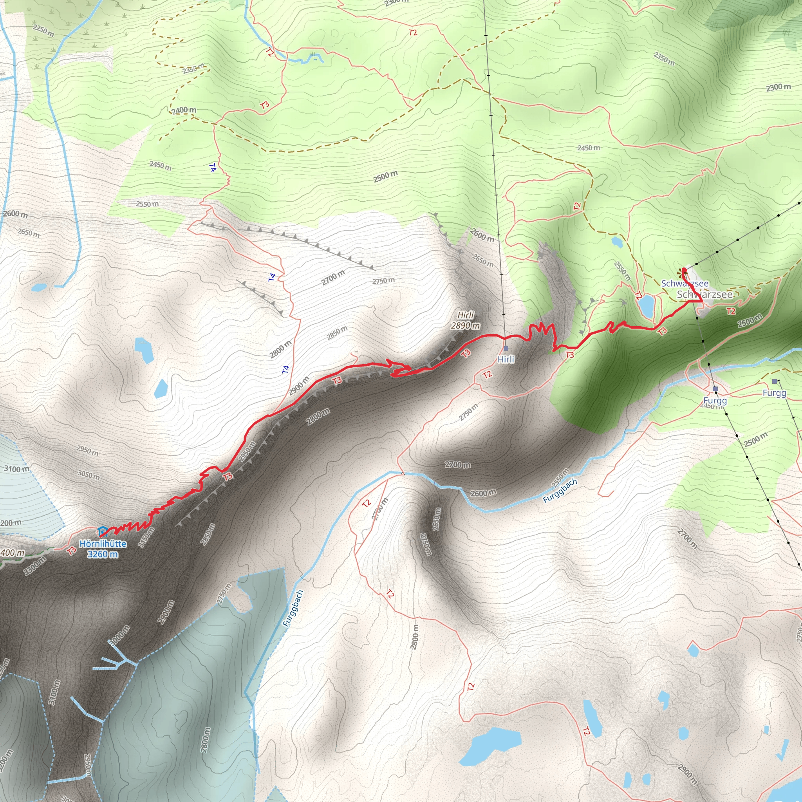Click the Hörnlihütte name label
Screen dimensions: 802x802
103,544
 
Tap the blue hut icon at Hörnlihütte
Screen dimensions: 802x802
102,531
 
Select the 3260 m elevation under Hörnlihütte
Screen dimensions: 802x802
103,554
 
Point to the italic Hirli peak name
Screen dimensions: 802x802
466,315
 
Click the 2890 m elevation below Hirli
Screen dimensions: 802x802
465,326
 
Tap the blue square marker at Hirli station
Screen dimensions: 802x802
506,348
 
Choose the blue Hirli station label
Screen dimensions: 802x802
506,359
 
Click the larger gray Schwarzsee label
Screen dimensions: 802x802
705,295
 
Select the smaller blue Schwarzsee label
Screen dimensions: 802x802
685,284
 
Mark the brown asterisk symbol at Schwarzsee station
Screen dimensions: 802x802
681,272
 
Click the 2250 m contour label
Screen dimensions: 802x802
43,30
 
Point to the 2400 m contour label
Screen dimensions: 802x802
184,110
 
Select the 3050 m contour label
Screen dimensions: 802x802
89,474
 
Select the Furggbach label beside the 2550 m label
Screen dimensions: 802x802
560,491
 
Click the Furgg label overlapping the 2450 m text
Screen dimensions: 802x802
715,401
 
